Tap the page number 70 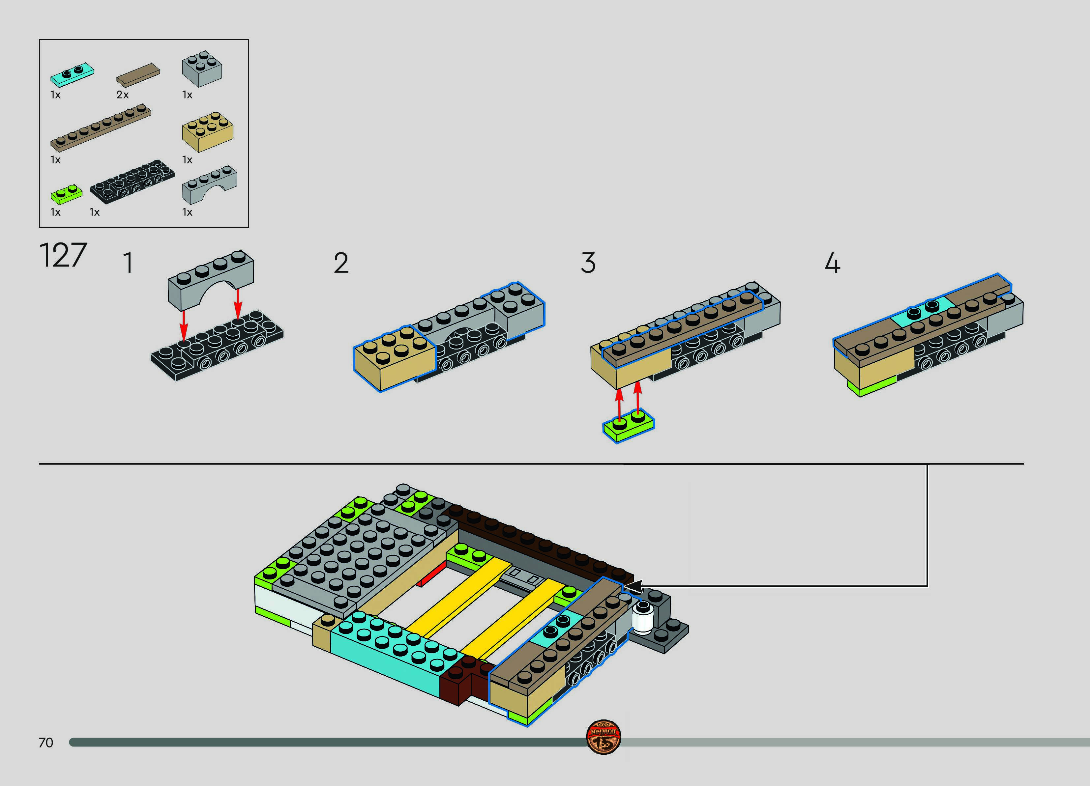[46, 743]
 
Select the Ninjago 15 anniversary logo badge [603, 737]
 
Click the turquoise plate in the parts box [72, 74]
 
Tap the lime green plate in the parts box [66, 194]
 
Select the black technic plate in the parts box [132, 182]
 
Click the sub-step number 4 [832, 263]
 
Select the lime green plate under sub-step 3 [629, 427]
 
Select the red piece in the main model [431, 576]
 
